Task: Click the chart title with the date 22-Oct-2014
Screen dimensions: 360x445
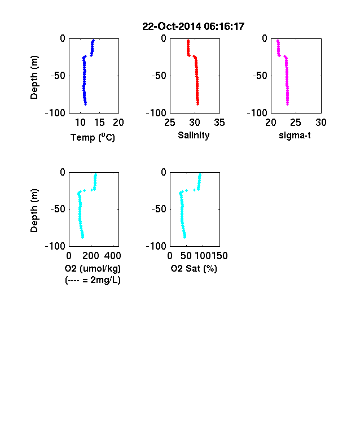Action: coord(194,27)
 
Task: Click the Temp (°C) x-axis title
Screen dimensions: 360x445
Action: coord(93,137)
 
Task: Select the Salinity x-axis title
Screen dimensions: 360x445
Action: coord(194,136)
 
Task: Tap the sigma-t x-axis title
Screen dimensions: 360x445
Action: coord(295,136)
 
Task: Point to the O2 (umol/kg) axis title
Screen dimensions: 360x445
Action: coord(93,268)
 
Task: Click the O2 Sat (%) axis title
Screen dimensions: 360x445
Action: coord(194,268)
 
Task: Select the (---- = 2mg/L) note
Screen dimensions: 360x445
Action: coord(93,280)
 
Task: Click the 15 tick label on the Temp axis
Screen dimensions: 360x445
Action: coord(99,123)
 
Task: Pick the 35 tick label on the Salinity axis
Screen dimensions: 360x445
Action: coord(219,123)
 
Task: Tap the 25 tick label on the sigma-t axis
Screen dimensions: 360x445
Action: coord(296,123)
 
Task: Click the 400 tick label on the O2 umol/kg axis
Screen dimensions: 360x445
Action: coord(112,256)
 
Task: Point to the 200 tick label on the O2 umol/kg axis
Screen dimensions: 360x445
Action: coord(91,256)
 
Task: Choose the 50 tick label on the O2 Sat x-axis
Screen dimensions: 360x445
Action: coord(186,256)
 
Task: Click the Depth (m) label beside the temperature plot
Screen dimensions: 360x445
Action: coord(34,77)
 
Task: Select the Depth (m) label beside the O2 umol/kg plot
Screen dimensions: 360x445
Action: coord(34,211)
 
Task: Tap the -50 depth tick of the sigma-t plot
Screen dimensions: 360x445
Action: coord(260,76)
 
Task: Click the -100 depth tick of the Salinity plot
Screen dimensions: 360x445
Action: coord(156,113)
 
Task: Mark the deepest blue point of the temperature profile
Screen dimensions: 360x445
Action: coord(86,104)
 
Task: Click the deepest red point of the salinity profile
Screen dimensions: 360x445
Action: coord(198,104)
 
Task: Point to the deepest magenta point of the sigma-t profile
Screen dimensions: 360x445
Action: coord(287,104)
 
